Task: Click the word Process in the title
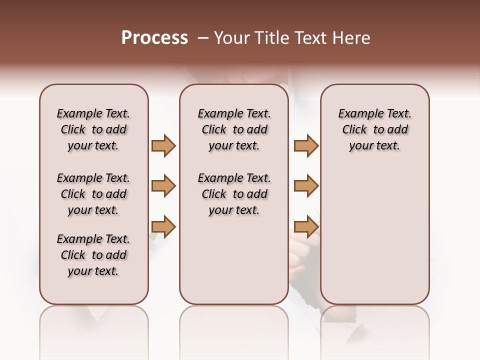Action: coord(154,38)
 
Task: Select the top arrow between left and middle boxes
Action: coord(163,145)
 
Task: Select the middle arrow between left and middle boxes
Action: coord(163,186)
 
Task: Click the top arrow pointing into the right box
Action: coord(306,145)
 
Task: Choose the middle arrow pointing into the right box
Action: coord(306,186)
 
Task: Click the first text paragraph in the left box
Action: coord(93,129)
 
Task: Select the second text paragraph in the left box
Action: coord(93,194)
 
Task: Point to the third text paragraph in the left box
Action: coord(93,255)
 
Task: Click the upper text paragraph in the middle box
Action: coord(234,129)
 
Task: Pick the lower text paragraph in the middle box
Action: coord(234,194)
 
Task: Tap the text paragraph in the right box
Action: coord(375,129)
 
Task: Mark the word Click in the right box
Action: coord(354,130)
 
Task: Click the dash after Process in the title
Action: coord(203,38)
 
